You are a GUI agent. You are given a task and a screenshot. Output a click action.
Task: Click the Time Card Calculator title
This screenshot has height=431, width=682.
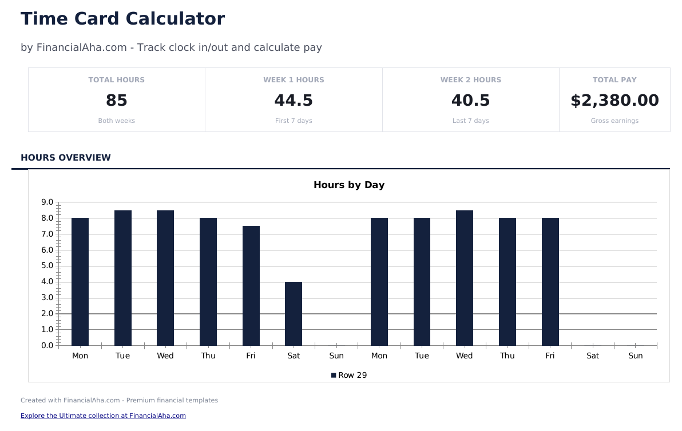point(122,19)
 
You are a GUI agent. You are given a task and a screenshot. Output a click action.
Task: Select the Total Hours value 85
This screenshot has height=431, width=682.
point(117,101)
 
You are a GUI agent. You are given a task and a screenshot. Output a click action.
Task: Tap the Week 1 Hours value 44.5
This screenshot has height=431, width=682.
point(294,101)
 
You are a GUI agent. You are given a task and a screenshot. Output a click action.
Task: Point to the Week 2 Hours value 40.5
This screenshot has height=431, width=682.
point(470,101)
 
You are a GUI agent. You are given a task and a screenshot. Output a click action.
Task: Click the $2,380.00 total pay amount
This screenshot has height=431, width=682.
point(614,101)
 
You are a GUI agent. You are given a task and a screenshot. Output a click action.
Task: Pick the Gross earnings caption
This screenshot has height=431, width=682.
point(614,121)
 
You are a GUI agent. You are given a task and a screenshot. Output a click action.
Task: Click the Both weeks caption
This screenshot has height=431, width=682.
point(117,121)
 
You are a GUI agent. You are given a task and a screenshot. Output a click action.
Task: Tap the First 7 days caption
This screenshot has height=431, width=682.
point(294,121)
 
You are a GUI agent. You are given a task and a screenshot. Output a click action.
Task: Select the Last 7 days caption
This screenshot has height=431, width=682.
point(470,121)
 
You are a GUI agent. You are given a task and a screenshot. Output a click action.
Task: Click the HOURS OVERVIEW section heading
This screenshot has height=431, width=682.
point(66,158)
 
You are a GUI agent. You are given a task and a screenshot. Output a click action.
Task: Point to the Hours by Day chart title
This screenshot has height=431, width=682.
point(349,185)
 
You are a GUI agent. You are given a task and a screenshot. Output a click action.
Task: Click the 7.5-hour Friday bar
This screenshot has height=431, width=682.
point(251,286)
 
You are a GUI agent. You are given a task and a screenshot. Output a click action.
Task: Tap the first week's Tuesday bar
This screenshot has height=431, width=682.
point(123,278)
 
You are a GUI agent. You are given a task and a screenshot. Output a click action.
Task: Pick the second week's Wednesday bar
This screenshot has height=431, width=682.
point(465,278)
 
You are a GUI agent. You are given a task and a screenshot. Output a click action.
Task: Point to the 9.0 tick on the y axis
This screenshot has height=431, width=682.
point(47,202)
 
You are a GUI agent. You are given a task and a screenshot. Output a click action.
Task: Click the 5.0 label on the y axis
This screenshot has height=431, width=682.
point(47,266)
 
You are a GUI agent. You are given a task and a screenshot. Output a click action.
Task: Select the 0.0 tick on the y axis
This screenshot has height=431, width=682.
point(47,345)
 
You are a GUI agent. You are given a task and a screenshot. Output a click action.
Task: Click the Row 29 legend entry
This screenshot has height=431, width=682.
point(349,376)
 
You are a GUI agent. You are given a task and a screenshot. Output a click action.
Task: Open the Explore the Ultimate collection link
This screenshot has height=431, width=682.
point(103,416)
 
